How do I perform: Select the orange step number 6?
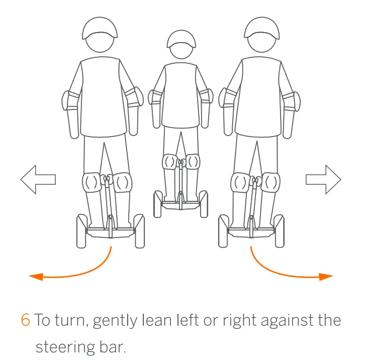pos(26,321)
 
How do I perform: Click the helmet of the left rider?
pos(100,28)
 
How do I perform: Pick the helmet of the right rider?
pos(261,28)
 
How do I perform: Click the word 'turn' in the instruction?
pos(72,321)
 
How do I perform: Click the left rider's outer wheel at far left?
pos(81,231)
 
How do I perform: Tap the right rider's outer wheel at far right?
pos(280,231)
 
